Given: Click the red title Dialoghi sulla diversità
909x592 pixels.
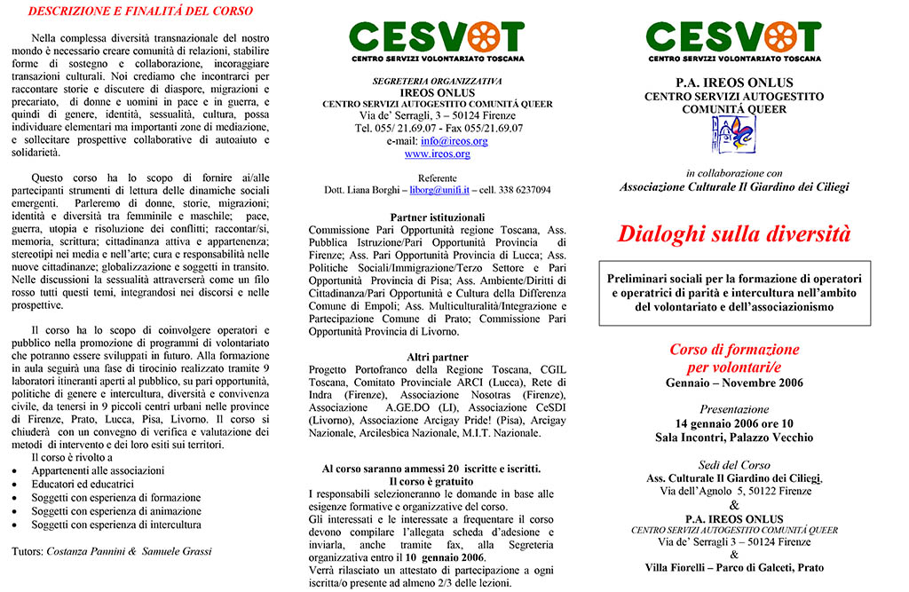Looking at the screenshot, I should [x=733, y=234].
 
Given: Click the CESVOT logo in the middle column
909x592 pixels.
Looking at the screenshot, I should [x=437, y=40].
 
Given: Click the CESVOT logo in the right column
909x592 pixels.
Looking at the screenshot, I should [x=734, y=40].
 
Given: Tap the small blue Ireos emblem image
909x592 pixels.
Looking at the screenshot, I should [x=733, y=135].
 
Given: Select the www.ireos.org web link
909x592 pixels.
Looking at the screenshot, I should [x=437, y=154].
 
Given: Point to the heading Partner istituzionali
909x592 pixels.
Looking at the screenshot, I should [x=437, y=217].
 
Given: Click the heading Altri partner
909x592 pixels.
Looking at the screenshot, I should [x=437, y=357].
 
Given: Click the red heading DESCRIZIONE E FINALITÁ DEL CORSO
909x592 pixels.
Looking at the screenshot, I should [x=140, y=12].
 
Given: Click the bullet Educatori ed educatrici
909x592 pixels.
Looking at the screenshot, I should [x=83, y=485].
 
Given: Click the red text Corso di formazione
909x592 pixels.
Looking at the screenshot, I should [x=733, y=350].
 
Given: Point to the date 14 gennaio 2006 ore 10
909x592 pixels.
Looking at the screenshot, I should [x=733, y=423].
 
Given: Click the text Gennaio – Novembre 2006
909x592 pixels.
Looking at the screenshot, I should [x=733, y=383].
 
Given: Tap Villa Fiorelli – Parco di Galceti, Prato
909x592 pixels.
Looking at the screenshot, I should [x=733, y=567].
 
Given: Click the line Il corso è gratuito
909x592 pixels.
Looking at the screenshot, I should [x=437, y=480].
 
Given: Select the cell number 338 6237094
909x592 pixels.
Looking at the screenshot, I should [x=525, y=190].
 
